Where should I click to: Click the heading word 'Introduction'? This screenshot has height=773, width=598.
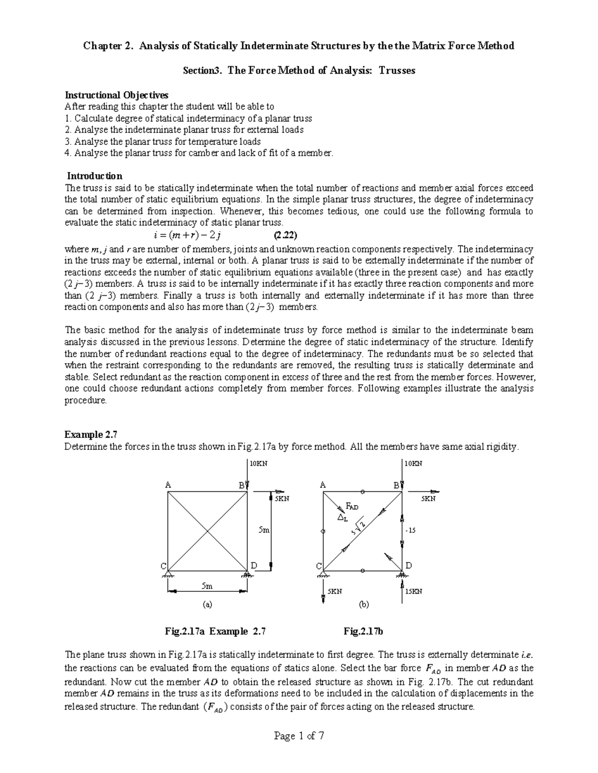point(95,176)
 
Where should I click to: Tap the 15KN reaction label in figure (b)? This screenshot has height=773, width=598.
point(414,591)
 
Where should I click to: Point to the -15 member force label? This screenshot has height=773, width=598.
point(411,531)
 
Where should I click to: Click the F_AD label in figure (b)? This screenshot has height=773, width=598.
point(352,506)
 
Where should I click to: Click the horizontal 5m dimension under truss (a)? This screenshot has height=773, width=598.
point(207,586)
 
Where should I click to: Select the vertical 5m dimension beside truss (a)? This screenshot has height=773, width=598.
point(264,531)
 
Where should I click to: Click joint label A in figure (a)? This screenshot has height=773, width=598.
point(168,484)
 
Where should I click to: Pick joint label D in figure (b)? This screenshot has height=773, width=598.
point(409,565)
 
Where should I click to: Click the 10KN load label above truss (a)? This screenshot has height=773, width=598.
point(259,463)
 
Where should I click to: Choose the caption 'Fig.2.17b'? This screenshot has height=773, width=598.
point(363,632)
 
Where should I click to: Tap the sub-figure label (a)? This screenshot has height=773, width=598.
point(207,605)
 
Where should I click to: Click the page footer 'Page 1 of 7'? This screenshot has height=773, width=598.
point(299,736)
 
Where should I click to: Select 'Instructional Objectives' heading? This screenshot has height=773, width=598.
point(117,95)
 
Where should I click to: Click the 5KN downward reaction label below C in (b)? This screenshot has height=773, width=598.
point(334,591)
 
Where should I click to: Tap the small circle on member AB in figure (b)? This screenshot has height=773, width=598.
point(363,492)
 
